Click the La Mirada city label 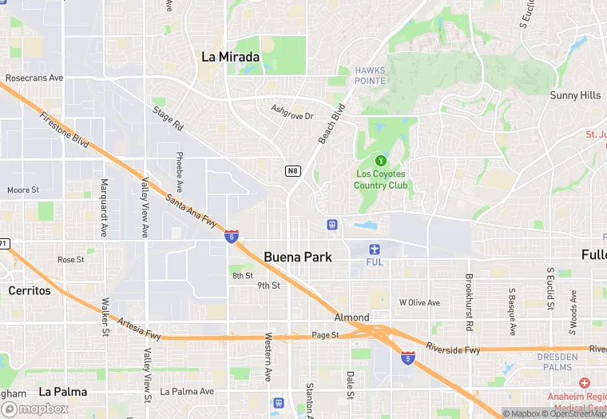click(230, 57)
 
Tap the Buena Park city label click(297, 257)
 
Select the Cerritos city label click(30, 290)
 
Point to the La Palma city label click(61, 391)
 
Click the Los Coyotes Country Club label click(380, 179)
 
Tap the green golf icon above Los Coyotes click(380, 159)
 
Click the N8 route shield click(292, 170)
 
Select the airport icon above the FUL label click(375, 249)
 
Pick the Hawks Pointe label click(370, 75)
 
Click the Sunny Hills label click(575, 95)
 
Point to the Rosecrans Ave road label click(34, 78)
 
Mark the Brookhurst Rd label click(469, 303)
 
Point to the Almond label click(351, 317)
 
